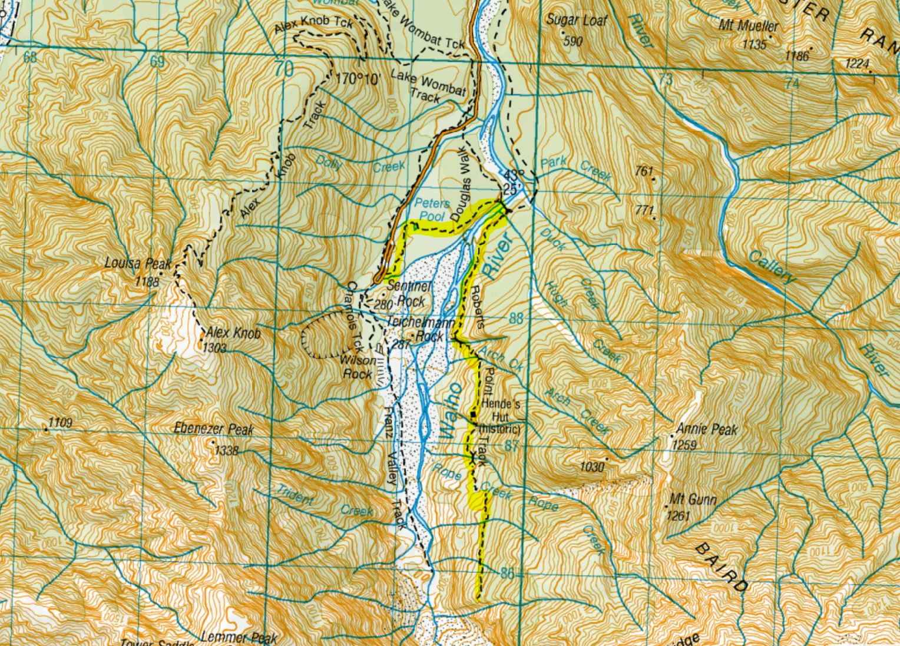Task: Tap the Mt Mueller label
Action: [748, 26]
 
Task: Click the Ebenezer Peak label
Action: [214, 429]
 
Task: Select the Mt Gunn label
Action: [692, 501]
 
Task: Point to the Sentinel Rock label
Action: [411, 292]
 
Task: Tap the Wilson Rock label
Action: [358, 367]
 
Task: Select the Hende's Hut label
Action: [501, 405]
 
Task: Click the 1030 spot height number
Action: [591, 466]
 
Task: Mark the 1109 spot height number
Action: [59, 422]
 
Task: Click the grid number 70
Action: [283, 69]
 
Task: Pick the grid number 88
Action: [516, 319]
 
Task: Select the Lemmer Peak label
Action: [239, 638]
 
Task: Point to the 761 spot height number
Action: [644, 171]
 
